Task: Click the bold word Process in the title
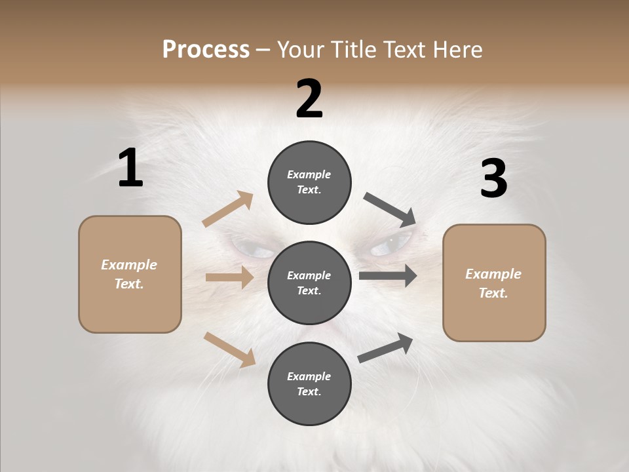click(x=206, y=49)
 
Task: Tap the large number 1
click(x=130, y=168)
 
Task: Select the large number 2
click(x=309, y=99)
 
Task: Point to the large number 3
click(x=493, y=178)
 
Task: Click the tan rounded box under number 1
click(x=130, y=274)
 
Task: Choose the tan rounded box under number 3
click(x=494, y=283)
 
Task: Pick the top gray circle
click(x=309, y=182)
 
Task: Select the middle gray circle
click(x=309, y=283)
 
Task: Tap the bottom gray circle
click(x=309, y=383)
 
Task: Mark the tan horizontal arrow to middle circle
click(x=229, y=277)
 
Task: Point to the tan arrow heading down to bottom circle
click(x=229, y=349)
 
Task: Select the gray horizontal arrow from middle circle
click(x=388, y=275)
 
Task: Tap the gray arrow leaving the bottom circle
click(x=386, y=347)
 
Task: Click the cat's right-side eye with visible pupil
click(x=391, y=246)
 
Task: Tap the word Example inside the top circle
click(x=309, y=174)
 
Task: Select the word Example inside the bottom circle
click(x=309, y=376)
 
